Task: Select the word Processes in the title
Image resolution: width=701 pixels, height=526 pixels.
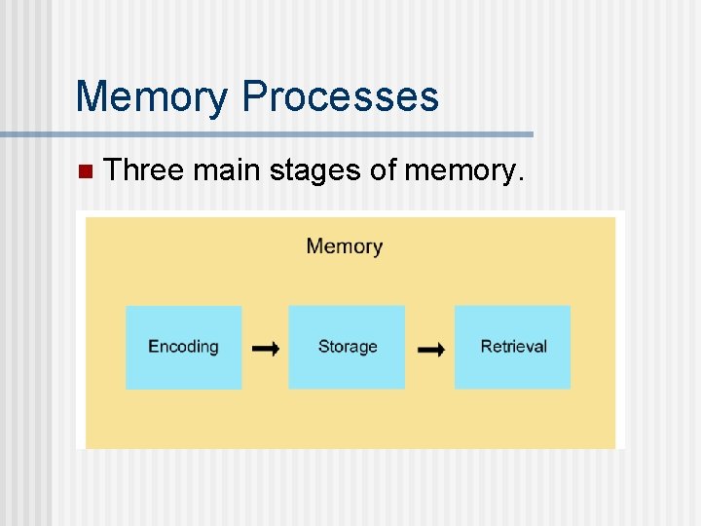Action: pyautogui.click(x=341, y=96)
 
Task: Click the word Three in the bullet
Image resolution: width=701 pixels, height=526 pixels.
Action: pyautogui.click(x=144, y=171)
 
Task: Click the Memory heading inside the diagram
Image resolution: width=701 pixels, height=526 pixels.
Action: pyautogui.click(x=345, y=245)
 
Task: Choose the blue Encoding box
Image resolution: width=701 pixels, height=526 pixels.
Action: pyautogui.click(x=183, y=347)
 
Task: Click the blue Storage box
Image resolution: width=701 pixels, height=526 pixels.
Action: pyautogui.click(x=347, y=347)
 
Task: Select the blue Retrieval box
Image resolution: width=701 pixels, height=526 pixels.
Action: pyautogui.click(x=513, y=347)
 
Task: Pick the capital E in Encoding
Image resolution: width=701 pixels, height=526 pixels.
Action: pyautogui.click(x=153, y=346)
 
